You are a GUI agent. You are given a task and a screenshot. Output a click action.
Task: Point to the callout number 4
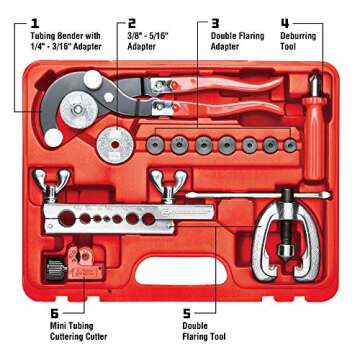287,20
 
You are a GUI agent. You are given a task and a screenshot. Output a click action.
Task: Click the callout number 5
186,313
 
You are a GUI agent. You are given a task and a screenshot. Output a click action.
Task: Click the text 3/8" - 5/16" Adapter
146,40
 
